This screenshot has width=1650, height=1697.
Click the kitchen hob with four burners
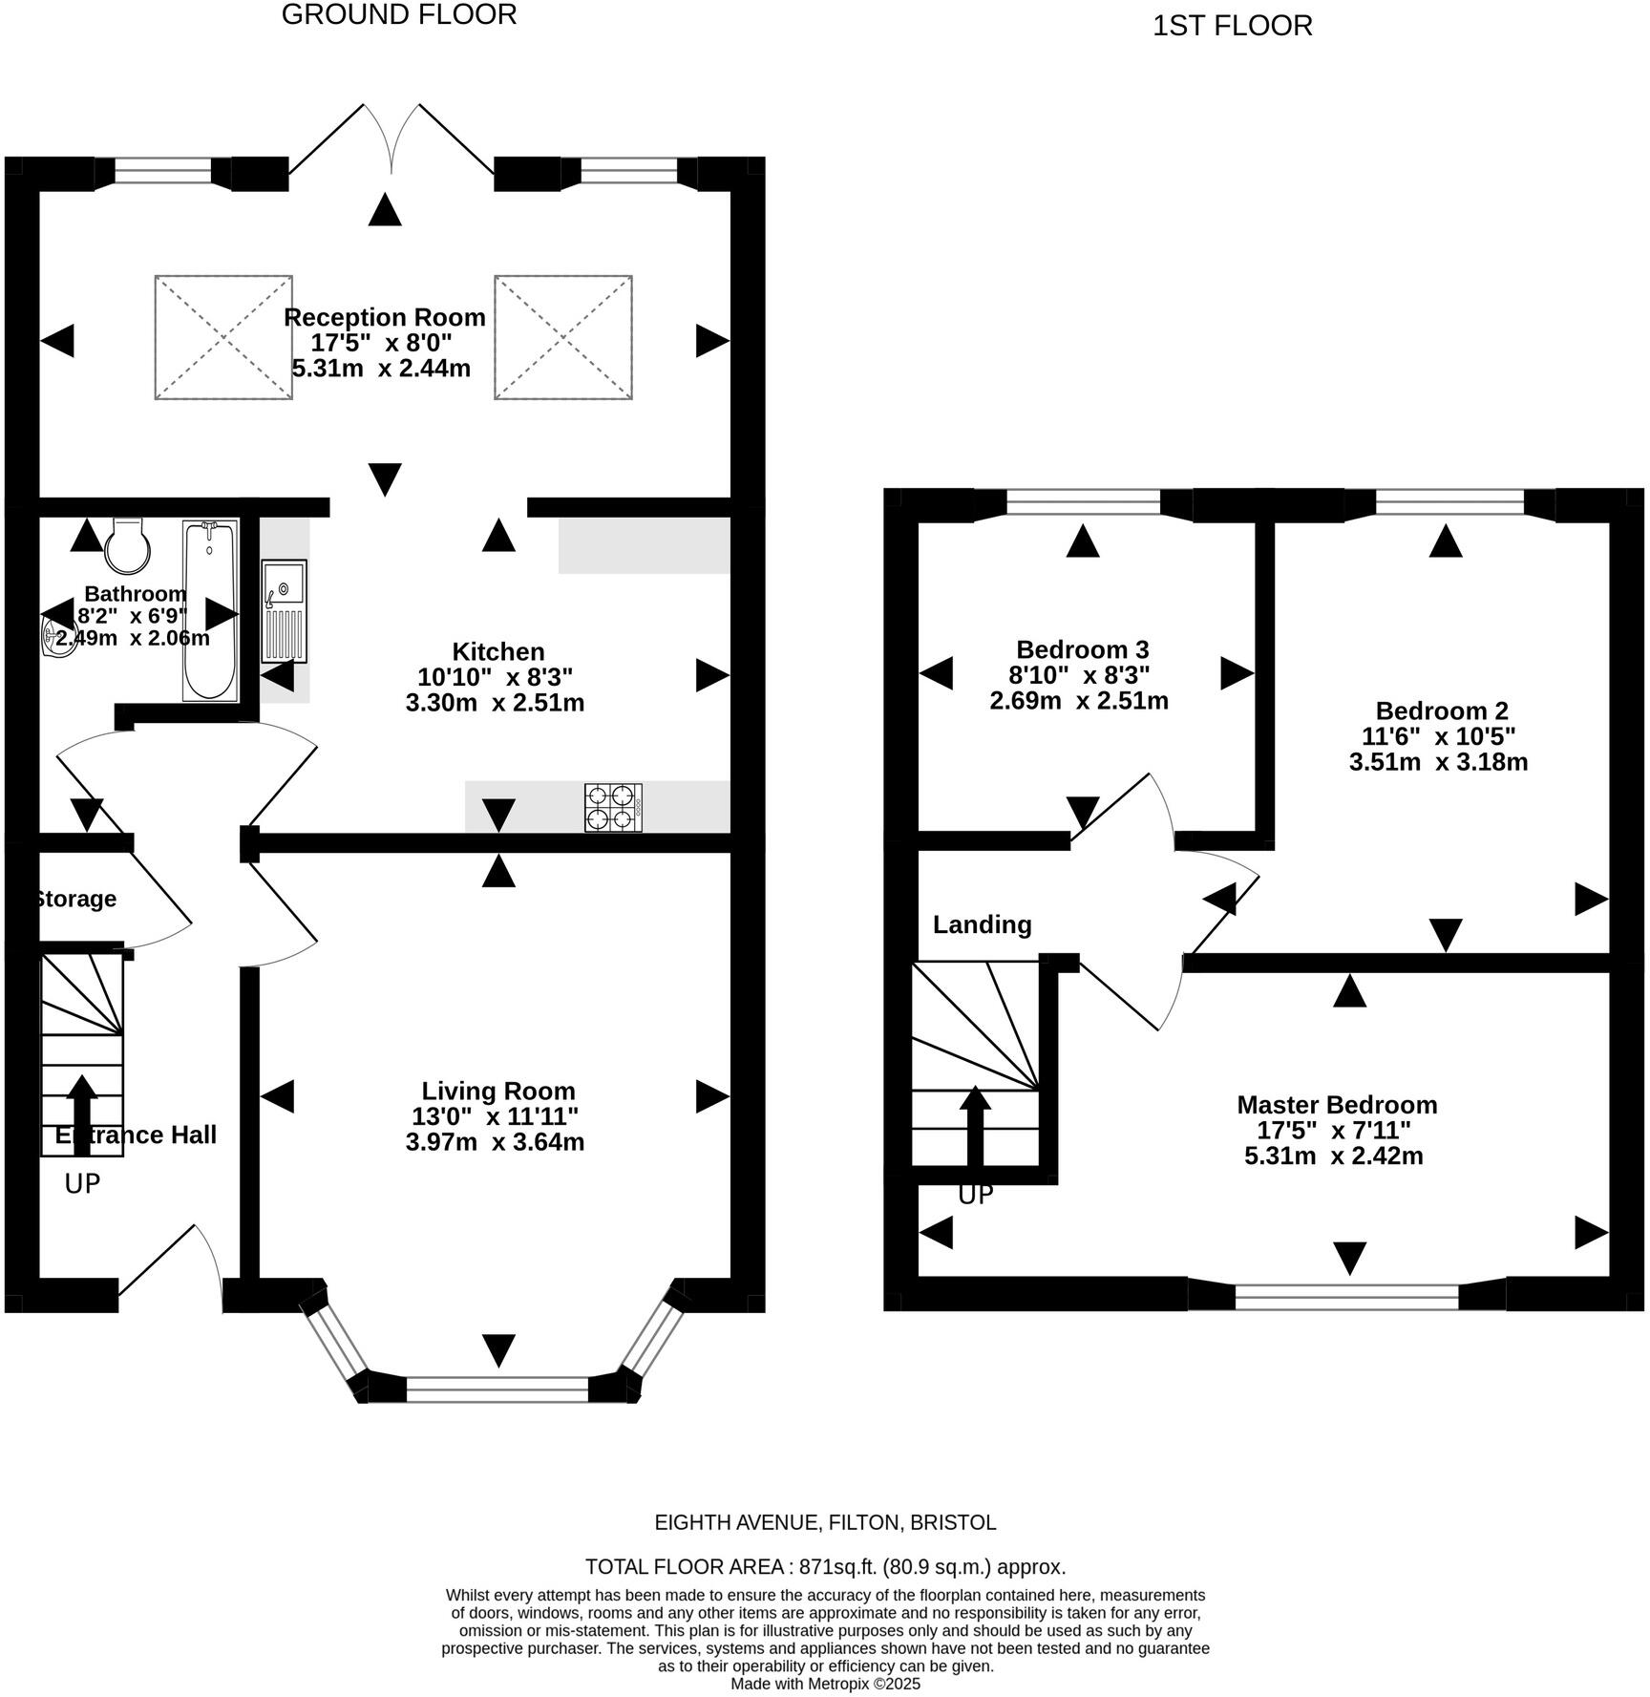pos(613,807)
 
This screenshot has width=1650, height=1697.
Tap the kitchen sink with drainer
pos(285,610)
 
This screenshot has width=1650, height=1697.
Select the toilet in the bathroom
pos(127,544)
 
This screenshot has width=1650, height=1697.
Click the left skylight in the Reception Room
pos(223,337)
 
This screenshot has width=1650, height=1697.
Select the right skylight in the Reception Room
pos(562,337)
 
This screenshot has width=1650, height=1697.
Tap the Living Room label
pos(498,1091)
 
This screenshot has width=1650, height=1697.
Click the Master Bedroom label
pos(1336,1104)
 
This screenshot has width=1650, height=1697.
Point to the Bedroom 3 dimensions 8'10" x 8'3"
pos(1079,675)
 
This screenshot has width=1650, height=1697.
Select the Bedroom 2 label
pos(1441,711)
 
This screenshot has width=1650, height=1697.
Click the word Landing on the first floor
pos(982,924)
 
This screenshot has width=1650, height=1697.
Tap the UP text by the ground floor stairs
pos(82,1184)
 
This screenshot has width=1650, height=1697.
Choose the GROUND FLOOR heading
pos(399,14)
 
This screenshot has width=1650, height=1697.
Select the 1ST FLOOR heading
pos(1232,26)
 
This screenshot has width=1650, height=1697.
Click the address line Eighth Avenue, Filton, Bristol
pos(824,1522)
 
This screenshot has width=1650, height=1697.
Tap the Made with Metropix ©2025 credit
pos(825,1684)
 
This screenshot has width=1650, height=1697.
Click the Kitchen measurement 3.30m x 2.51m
pos(495,703)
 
